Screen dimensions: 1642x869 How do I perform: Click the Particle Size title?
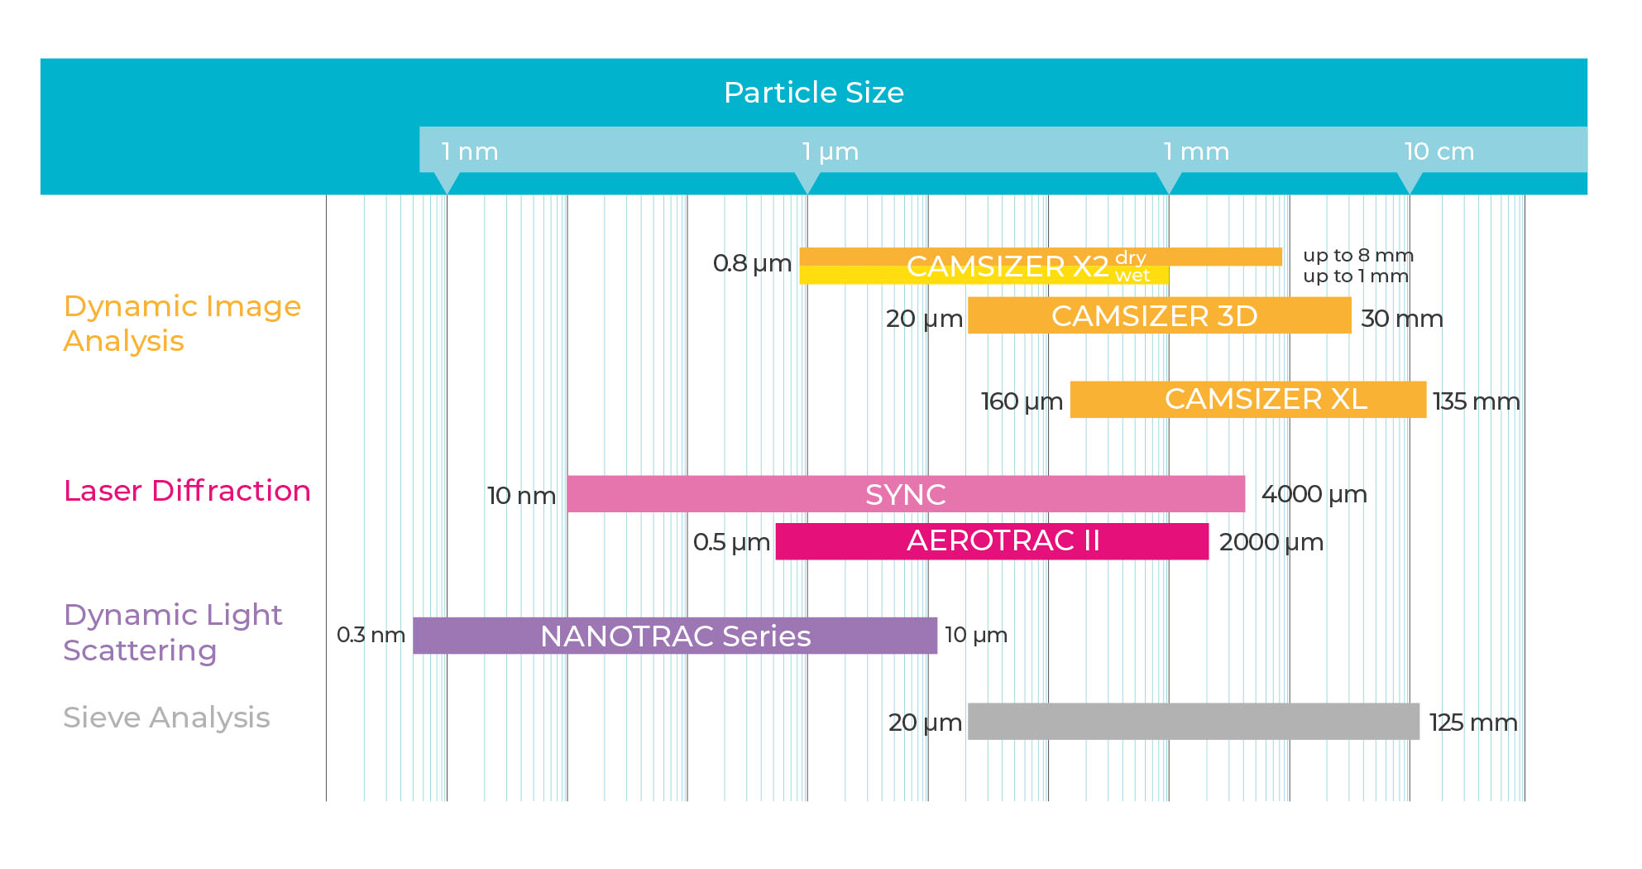coord(814,93)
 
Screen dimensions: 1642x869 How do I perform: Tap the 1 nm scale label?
coord(470,151)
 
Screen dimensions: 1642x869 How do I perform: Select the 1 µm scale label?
coord(831,151)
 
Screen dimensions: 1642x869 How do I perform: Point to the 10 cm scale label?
coord(1439,151)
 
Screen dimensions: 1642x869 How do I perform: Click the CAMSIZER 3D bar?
coord(1160,315)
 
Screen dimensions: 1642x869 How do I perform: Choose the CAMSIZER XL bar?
coord(1248,399)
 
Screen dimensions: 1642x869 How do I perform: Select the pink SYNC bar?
coord(906,494)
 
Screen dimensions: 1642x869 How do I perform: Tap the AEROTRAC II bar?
coord(992,541)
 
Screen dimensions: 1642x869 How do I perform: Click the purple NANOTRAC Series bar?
coord(675,636)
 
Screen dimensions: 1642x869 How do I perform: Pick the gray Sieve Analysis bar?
coord(1194,721)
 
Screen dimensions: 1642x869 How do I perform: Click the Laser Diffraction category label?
coord(187,491)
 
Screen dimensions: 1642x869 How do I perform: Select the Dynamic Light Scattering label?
coord(173,632)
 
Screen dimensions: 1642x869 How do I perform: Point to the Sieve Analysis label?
coord(166,717)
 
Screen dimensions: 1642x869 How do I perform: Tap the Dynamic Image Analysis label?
coord(182,324)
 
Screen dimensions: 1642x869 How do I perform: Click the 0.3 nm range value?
coord(371,635)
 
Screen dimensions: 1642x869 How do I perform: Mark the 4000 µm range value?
coord(1314,495)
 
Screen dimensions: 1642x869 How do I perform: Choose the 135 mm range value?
coord(1477,401)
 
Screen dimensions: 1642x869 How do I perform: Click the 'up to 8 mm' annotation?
coord(1358,255)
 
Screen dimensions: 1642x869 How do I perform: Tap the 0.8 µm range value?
coord(752,263)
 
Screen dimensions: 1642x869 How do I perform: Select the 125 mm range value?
coord(1473,723)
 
